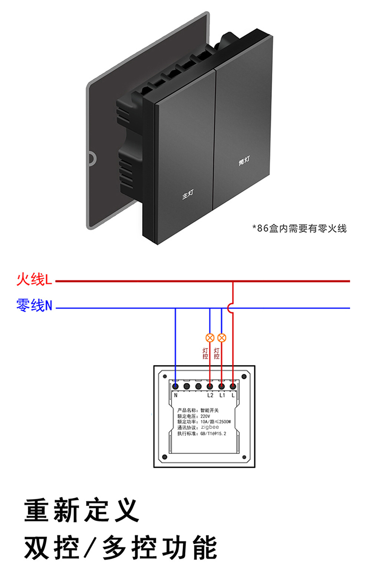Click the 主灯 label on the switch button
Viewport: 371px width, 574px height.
188,194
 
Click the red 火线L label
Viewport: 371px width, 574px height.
35,279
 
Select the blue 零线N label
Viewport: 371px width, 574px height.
35,305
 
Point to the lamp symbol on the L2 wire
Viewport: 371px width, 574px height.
210,338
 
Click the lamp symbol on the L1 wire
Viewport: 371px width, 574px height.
221,338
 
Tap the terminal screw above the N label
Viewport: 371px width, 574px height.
175,386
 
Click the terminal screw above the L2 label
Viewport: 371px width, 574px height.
210,386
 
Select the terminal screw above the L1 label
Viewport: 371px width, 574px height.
221,386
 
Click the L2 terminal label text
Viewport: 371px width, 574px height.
210,395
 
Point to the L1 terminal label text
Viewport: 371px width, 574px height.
222,395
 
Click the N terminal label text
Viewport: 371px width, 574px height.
176,395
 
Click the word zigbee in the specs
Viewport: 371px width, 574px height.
210,427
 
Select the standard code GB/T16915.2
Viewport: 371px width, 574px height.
213,434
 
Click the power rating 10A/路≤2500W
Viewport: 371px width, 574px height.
216,422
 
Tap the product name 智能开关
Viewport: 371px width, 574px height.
210,410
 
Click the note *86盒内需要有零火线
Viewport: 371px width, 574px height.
299,228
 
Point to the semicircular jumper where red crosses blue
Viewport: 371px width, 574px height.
230,308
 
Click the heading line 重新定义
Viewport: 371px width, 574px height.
82,510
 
